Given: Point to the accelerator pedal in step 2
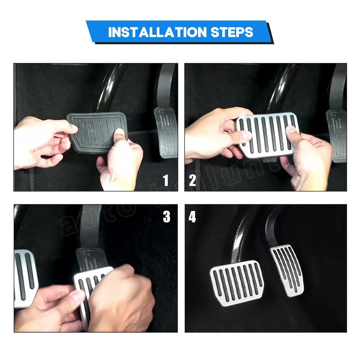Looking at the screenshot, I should click(x=337, y=135).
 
